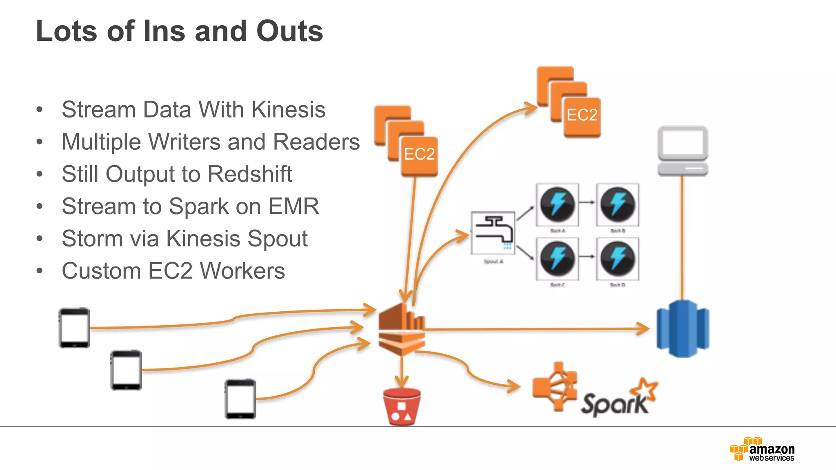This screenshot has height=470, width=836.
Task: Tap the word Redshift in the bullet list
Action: (250, 174)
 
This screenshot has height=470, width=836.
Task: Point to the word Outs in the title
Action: (289, 31)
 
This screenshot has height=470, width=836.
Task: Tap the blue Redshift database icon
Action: (683, 329)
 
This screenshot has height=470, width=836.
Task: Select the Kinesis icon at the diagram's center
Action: (402, 330)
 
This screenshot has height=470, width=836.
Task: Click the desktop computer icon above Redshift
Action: (683, 151)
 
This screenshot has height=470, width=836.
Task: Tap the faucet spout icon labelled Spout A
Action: (493, 233)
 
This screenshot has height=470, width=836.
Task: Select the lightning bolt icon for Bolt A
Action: (557, 204)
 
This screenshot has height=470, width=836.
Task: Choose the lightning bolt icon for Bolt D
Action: (618, 259)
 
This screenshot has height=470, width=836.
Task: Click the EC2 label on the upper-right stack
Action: (582, 115)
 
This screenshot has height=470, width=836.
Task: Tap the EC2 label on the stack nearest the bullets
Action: (419, 154)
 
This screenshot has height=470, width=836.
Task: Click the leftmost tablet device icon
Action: (74, 328)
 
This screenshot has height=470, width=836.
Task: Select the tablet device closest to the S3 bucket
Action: (240, 399)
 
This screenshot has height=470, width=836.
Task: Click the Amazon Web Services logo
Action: (762, 450)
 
